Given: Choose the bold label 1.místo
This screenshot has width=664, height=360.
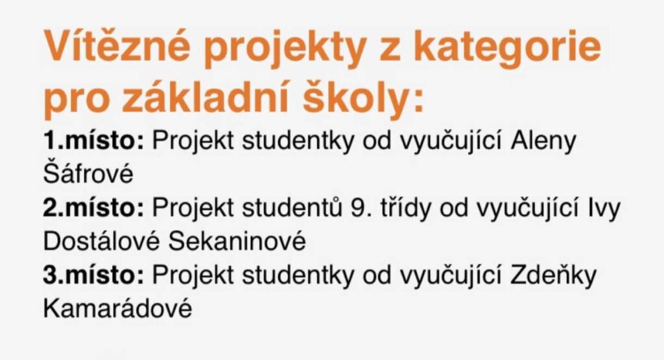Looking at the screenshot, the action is pos(94,141).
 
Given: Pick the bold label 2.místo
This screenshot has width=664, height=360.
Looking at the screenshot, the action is pos(94,208).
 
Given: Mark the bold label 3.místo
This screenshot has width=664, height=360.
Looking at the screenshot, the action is pos(94,274).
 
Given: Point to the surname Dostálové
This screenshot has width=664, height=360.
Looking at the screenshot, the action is pos(102,241).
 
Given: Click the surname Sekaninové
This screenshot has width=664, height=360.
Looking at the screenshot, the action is pos(237,241).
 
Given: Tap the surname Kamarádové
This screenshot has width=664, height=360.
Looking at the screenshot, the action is pos(118,307).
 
